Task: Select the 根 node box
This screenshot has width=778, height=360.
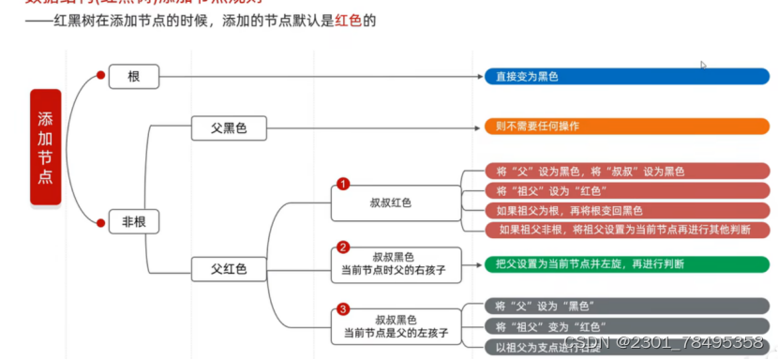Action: tap(134, 76)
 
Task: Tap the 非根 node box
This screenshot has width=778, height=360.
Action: tap(134, 222)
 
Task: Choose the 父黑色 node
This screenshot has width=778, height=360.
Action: tap(228, 128)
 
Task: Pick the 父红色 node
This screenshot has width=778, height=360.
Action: tap(228, 269)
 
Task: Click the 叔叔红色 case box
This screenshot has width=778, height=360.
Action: tap(391, 202)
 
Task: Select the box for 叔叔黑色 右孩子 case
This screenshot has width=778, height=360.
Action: tap(396, 263)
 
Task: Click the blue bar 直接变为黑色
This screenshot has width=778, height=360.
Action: tap(626, 76)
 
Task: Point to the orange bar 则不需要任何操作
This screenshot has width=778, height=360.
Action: tap(626, 126)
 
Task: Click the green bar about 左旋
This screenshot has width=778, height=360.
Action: tap(626, 264)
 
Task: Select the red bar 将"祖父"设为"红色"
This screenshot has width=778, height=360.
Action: tap(626, 191)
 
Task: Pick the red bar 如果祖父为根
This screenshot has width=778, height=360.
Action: tap(626, 210)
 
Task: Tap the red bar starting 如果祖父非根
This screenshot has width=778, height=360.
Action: tap(626, 230)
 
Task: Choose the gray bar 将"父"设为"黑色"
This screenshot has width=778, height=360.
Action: tap(626, 306)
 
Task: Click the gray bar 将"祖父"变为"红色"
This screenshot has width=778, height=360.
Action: tap(626, 325)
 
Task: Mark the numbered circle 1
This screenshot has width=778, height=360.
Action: tap(343, 184)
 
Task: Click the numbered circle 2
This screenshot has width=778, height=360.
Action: tap(343, 247)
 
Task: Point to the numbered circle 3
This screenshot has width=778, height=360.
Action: tap(343, 308)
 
